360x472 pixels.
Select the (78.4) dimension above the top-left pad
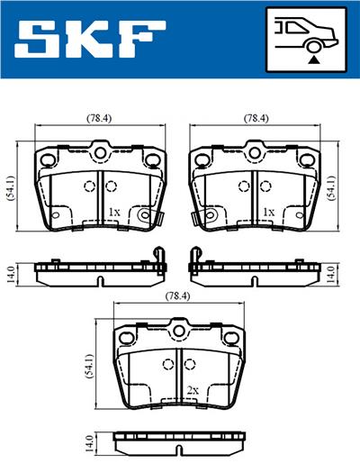(x=98, y=118)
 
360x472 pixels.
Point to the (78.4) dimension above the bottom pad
(x=176, y=295)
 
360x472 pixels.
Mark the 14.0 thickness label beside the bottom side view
(x=88, y=444)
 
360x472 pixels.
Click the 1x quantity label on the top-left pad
(x=112, y=213)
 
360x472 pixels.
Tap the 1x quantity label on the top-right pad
(x=267, y=213)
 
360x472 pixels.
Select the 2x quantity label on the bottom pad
(x=192, y=390)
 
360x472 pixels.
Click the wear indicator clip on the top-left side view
(x=161, y=261)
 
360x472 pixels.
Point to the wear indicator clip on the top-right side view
(x=193, y=261)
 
